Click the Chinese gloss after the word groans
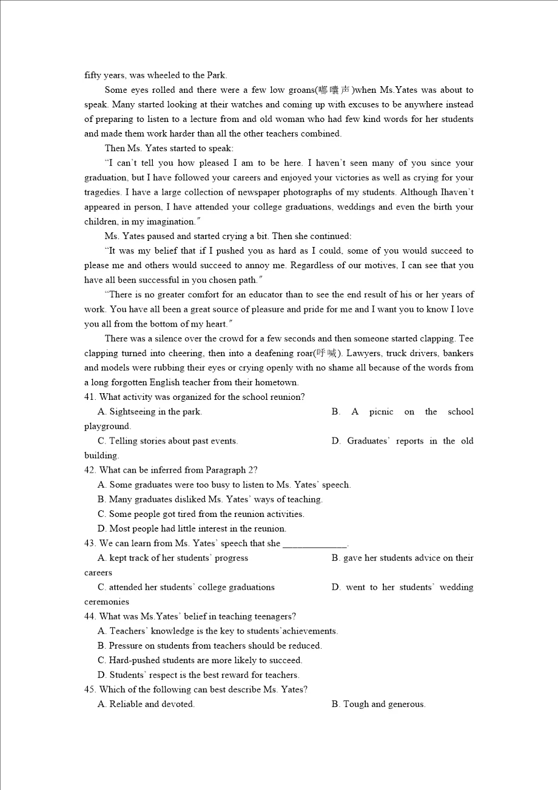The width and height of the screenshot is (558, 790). click(334, 90)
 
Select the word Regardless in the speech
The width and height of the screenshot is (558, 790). click(314, 265)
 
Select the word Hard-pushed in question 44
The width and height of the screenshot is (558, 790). click(133, 660)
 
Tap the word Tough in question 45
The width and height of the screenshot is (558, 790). click(355, 704)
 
